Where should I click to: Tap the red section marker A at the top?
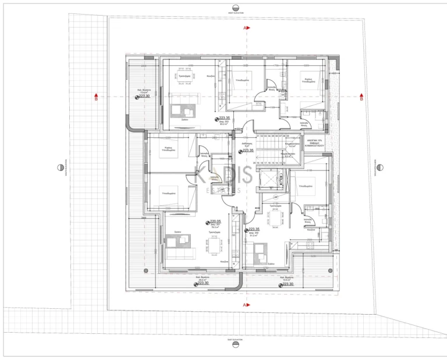[x=246, y=27]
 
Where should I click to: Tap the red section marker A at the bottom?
[x=246, y=304]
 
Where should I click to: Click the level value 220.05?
[x=217, y=222]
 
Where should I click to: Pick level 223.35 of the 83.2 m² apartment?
[x=225, y=118]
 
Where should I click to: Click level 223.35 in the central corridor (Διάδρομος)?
[x=249, y=151]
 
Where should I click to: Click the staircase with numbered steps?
[x=272, y=149]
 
